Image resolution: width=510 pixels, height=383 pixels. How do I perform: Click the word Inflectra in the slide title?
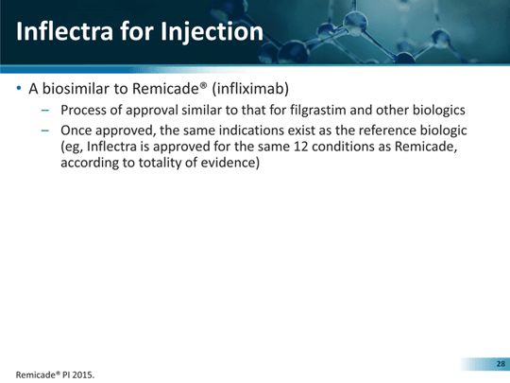[64, 31]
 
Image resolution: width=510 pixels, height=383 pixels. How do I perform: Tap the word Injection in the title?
[212, 32]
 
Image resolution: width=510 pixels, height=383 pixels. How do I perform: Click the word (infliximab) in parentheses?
[250, 89]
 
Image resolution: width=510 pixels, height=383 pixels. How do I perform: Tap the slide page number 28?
[501, 364]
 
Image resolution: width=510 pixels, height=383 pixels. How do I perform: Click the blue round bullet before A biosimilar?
[19, 88]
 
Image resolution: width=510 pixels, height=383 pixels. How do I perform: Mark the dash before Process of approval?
[45, 111]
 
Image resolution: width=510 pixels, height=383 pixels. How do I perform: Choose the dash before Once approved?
[45, 131]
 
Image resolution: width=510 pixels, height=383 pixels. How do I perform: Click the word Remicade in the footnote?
[37, 374]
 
